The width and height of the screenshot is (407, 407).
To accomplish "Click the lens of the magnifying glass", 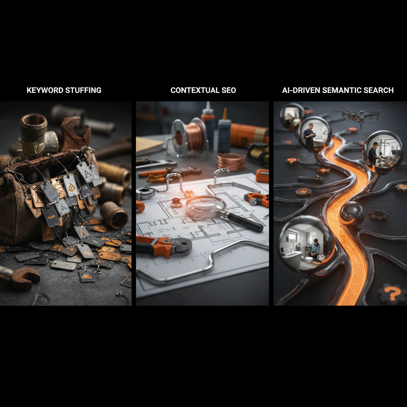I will point(205,206).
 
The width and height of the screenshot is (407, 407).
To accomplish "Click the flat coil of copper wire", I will point(231,161).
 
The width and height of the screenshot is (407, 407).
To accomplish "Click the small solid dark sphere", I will point(352,213).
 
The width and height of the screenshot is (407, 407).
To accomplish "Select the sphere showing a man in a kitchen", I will point(383,152).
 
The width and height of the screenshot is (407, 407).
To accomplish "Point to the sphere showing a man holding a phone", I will point(314,134).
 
